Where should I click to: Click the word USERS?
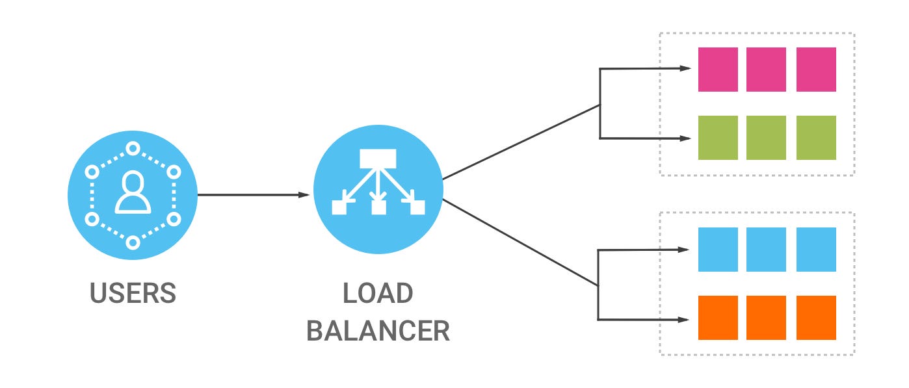pos(133,293)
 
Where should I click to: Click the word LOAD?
pos(378,293)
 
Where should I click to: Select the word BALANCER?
pos(378,331)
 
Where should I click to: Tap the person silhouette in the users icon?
pos(133,193)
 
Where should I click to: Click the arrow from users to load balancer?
pos(254,194)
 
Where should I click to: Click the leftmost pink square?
pos(718,69)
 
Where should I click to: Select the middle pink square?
pos(767,69)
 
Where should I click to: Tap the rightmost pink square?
pos(816,69)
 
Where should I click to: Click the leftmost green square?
pos(718,138)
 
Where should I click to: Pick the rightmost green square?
pos(816,138)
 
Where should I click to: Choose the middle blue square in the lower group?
pos(767,250)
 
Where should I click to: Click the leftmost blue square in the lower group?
pos(718,250)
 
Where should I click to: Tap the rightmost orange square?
pos(816,318)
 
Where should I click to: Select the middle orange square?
pos(767,318)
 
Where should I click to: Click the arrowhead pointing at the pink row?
pos(685,68)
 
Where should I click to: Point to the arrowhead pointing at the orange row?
pos(685,319)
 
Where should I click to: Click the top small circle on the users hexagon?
pos(133,148)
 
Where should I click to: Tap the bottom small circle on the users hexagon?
pos(133,242)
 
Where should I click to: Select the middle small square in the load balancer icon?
pos(378,207)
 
